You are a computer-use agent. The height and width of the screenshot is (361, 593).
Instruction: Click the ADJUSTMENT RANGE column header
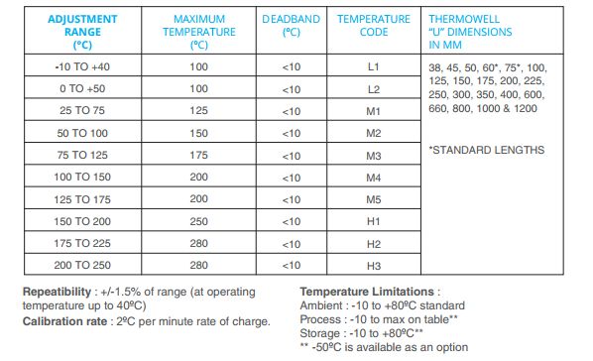(82, 32)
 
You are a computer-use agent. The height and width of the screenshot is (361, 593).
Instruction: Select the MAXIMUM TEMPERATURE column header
(199, 32)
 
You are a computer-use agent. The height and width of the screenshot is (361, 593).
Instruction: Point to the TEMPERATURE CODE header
(373, 26)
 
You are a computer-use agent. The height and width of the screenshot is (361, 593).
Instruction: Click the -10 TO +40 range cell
(82, 67)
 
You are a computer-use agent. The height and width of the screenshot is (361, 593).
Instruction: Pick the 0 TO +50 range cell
(82, 90)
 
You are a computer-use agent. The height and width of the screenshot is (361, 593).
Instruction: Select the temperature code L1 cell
(373, 67)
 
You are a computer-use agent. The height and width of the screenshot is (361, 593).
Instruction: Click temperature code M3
(373, 156)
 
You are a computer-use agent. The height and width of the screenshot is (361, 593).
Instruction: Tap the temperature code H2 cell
(373, 243)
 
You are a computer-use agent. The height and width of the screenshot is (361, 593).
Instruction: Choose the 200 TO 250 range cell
(82, 265)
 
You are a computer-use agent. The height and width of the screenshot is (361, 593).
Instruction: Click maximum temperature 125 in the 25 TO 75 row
(199, 112)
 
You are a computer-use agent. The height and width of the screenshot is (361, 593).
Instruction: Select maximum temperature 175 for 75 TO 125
(199, 156)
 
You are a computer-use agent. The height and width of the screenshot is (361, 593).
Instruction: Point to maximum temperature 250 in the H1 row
(199, 221)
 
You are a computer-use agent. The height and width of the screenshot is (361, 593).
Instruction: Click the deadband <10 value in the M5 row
(291, 199)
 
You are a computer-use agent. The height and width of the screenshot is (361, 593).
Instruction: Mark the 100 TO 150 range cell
(82, 178)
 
